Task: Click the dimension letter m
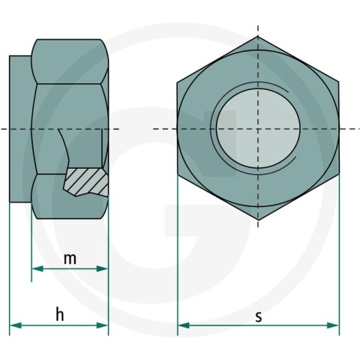pyautogui.click(x=70, y=259)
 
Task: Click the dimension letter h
pyautogui.click(x=60, y=314)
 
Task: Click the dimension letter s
pyautogui.click(x=259, y=316)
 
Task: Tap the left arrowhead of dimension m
pyautogui.click(x=37, y=268)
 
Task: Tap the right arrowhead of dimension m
pyautogui.click(x=102, y=268)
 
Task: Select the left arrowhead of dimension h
pyautogui.click(x=16, y=325)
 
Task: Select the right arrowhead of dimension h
pyautogui.click(x=102, y=325)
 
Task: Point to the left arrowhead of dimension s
pyautogui.click(x=184, y=325)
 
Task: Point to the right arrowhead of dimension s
pyautogui.click(x=333, y=325)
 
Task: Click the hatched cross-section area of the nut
pyautogui.click(x=86, y=181)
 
